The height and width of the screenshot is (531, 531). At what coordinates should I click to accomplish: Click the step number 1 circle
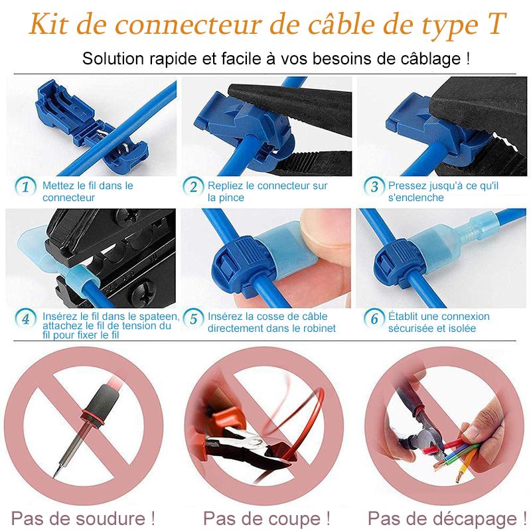(x=25, y=187)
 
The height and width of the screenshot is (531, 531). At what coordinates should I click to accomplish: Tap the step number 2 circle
(x=193, y=187)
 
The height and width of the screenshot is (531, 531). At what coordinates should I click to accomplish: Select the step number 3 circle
(x=374, y=187)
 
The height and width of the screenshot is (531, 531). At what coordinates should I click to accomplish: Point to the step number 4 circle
(x=25, y=319)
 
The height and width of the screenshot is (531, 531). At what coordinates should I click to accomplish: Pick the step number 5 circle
(x=193, y=319)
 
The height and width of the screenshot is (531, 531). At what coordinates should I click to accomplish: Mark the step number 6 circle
(x=374, y=319)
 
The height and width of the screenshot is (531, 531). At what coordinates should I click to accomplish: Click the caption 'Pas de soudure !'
(x=84, y=518)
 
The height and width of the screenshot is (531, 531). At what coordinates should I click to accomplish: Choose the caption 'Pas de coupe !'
(x=266, y=518)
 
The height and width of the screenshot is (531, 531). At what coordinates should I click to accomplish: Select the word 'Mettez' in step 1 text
(x=58, y=186)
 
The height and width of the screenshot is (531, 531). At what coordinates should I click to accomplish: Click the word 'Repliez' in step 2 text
(x=224, y=186)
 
